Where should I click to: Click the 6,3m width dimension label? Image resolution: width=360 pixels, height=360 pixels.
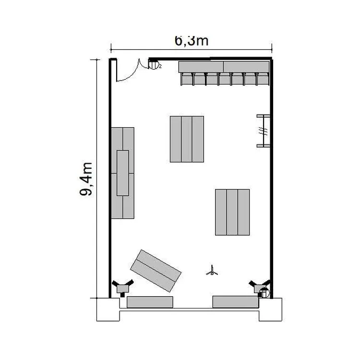tap(192, 41)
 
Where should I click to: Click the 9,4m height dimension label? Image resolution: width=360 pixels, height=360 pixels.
tap(86, 179)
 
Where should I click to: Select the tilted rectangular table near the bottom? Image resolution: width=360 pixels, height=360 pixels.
tap(156, 271)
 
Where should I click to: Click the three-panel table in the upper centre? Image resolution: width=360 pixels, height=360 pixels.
tap(187, 139)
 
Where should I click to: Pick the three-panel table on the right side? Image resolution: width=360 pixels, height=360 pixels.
tap(232, 212)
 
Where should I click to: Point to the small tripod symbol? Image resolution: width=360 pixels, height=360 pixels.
tap(212, 271)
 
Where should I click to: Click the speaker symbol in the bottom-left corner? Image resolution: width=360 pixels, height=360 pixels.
tap(122, 288)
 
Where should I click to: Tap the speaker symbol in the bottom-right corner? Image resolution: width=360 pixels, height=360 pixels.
tap(260, 288)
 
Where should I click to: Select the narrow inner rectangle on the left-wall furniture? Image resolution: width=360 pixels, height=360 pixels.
tap(122, 173)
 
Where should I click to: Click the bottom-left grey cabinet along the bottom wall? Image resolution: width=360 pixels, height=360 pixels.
tap(150, 302)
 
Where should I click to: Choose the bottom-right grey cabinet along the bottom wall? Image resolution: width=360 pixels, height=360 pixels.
tap(236, 302)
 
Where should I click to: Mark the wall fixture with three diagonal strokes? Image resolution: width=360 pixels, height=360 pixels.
tap(264, 131)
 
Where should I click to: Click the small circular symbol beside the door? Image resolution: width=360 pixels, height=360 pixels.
tap(154, 64)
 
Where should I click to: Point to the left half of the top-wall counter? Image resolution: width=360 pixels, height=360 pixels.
tap(201, 67)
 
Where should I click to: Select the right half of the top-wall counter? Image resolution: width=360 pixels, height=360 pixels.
tap(246, 67)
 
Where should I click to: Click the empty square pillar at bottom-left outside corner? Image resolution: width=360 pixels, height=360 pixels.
tap(108, 310)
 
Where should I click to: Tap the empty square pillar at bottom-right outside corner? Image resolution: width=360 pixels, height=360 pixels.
tap(270, 310)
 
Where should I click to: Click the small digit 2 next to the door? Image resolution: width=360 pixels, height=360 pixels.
tap(160, 67)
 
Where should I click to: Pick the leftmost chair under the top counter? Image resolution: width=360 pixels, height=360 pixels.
tap(187, 79)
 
